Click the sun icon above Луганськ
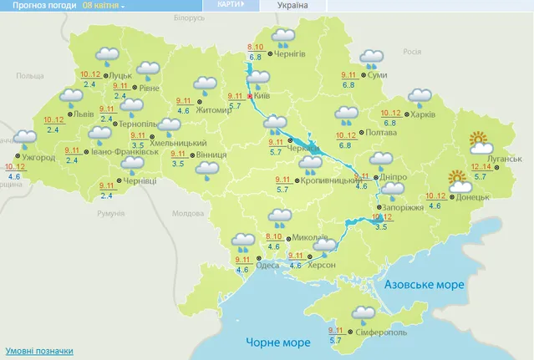(480, 140)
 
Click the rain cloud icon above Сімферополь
(363, 315)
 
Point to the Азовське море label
(424, 285)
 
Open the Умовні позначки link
(38, 351)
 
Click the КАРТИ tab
(230, 5)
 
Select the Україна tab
(290, 6)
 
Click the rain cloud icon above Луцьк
(107, 56)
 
